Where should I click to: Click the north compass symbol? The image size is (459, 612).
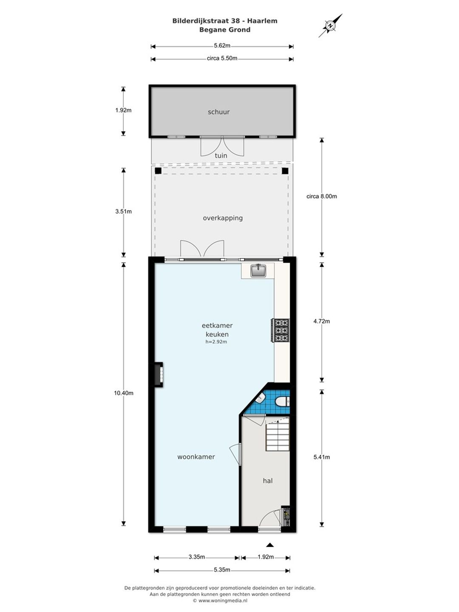[331, 25]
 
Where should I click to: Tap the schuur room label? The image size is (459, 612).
[219, 112]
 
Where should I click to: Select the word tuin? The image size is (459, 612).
[221, 156]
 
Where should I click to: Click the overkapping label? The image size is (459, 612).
[223, 218]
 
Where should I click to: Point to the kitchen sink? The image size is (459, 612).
[258, 271]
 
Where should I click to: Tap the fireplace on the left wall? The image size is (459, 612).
[158, 374]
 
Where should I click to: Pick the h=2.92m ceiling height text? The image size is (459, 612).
[216, 342]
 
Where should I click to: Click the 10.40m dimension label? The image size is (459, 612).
[123, 393]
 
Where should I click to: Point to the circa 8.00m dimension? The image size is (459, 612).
[322, 196]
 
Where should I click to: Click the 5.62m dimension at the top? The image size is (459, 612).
[222, 45]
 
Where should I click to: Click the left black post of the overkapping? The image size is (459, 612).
[158, 170]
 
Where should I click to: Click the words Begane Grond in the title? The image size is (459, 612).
[225, 30]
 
